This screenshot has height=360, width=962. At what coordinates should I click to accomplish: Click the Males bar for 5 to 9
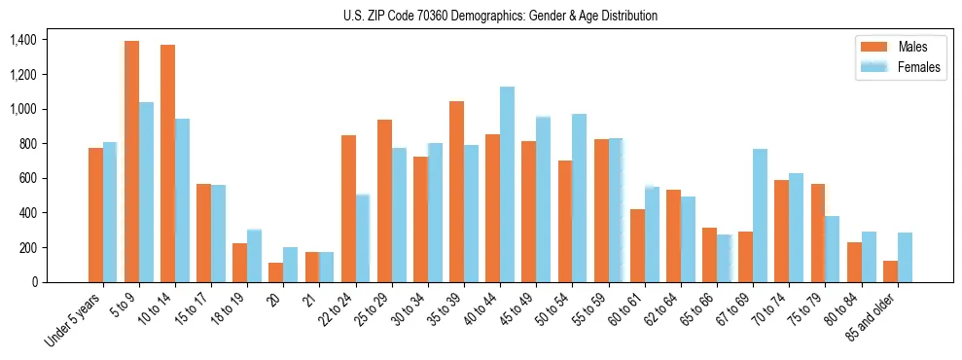tap(131, 162)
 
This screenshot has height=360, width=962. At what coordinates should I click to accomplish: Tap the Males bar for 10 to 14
tap(167, 163)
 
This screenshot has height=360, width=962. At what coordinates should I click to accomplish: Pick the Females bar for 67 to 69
tap(760, 215)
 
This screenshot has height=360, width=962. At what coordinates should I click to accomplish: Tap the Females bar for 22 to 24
tap(363, 238)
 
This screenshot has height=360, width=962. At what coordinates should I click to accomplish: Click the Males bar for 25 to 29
tap(384, 200)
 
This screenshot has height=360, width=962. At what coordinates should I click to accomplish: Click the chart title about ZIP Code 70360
tap(500, 16)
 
